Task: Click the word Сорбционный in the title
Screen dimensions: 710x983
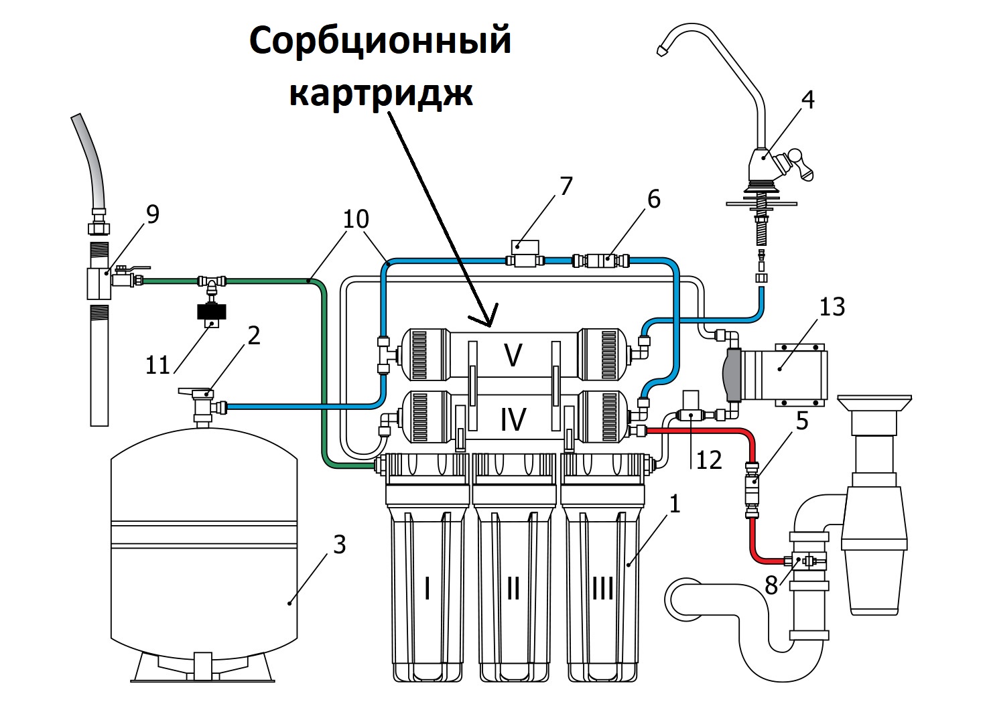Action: pyautogui.click(x=380, y=42)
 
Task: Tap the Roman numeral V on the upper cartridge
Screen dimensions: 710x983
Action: pyautogui.click(x=513, y=355)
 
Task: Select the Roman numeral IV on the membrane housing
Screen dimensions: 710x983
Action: pyautogui.click(x=513, y=419)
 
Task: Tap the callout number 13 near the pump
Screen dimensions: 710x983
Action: pyautogui.click(x=832, y=307)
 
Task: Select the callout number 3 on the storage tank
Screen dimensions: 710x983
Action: pyautogui.click(x=339, y=545)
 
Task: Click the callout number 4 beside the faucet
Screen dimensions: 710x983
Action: pyautogui.click(x=808, y=100)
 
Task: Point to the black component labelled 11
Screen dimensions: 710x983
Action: pyautogui.click(x=211, y=312)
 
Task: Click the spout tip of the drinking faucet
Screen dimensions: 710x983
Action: pyautogui.click(x=662, y=50)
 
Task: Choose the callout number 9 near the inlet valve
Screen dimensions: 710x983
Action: pyautogui.click(x=153, y=214)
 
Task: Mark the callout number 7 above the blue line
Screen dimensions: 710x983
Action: pyautogui.click(x=566, y=186)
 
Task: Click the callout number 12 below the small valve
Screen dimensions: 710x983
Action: pyautogui.click(x=708, y=460)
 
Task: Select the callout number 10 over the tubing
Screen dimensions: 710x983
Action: pyautogui.click(x=356, y=219)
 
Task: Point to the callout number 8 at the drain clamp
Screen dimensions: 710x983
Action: pyautogui.click(x=771, y=585)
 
